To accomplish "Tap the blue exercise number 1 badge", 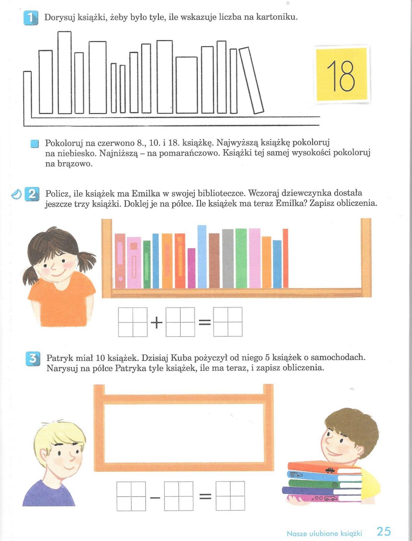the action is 31,18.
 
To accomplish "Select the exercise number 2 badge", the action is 32,195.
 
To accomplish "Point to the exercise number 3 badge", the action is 33,359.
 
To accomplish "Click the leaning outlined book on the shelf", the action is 251,80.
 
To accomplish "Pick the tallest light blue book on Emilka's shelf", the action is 202,257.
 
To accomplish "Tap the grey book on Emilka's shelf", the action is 228,259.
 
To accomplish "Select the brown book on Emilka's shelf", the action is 214,260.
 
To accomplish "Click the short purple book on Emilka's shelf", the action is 191,268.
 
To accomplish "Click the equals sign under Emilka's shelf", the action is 204,322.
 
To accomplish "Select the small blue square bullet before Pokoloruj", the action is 34,144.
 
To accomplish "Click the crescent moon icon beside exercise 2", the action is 17,194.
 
